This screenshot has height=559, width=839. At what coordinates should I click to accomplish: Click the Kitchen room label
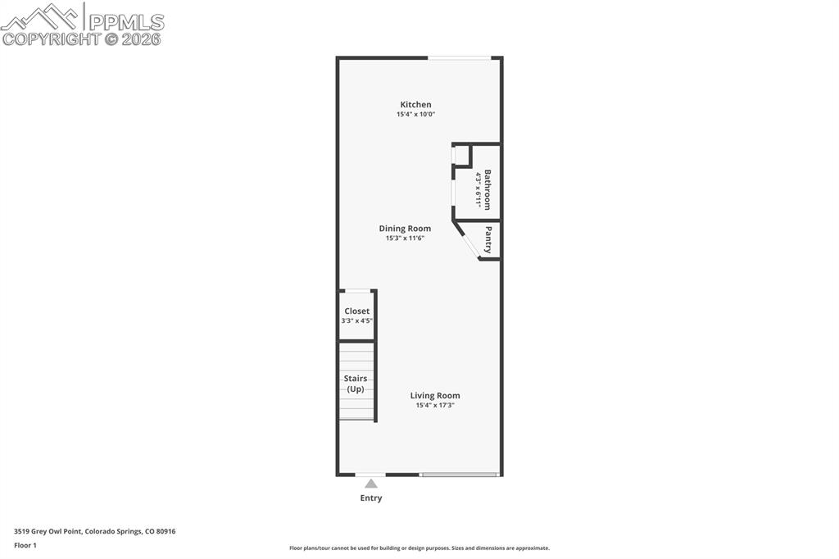415,104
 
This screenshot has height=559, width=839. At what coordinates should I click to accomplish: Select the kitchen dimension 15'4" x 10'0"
415,115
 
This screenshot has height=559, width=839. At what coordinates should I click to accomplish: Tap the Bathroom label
488,190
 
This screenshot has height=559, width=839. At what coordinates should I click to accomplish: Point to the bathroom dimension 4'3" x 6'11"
478,190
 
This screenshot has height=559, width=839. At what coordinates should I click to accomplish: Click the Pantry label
488,239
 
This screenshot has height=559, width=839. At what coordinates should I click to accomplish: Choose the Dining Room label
405,229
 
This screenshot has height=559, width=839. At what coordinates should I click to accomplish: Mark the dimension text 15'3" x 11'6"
405,239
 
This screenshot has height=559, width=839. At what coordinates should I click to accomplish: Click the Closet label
357,311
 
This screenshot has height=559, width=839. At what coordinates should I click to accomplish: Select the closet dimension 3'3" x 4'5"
357,320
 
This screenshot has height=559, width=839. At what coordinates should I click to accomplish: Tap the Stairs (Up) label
356,384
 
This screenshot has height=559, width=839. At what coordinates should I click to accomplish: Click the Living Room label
435,396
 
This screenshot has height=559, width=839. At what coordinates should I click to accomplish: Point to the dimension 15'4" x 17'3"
435,405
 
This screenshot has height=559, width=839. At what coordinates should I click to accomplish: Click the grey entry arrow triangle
371,484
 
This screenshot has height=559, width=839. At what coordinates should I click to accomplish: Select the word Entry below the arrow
371,498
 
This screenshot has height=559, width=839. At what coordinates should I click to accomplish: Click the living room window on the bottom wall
459,474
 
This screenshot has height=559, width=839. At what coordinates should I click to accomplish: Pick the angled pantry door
467,242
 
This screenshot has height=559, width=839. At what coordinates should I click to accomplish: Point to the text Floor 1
25,545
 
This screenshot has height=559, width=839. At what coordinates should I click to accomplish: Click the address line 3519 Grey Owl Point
94,531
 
